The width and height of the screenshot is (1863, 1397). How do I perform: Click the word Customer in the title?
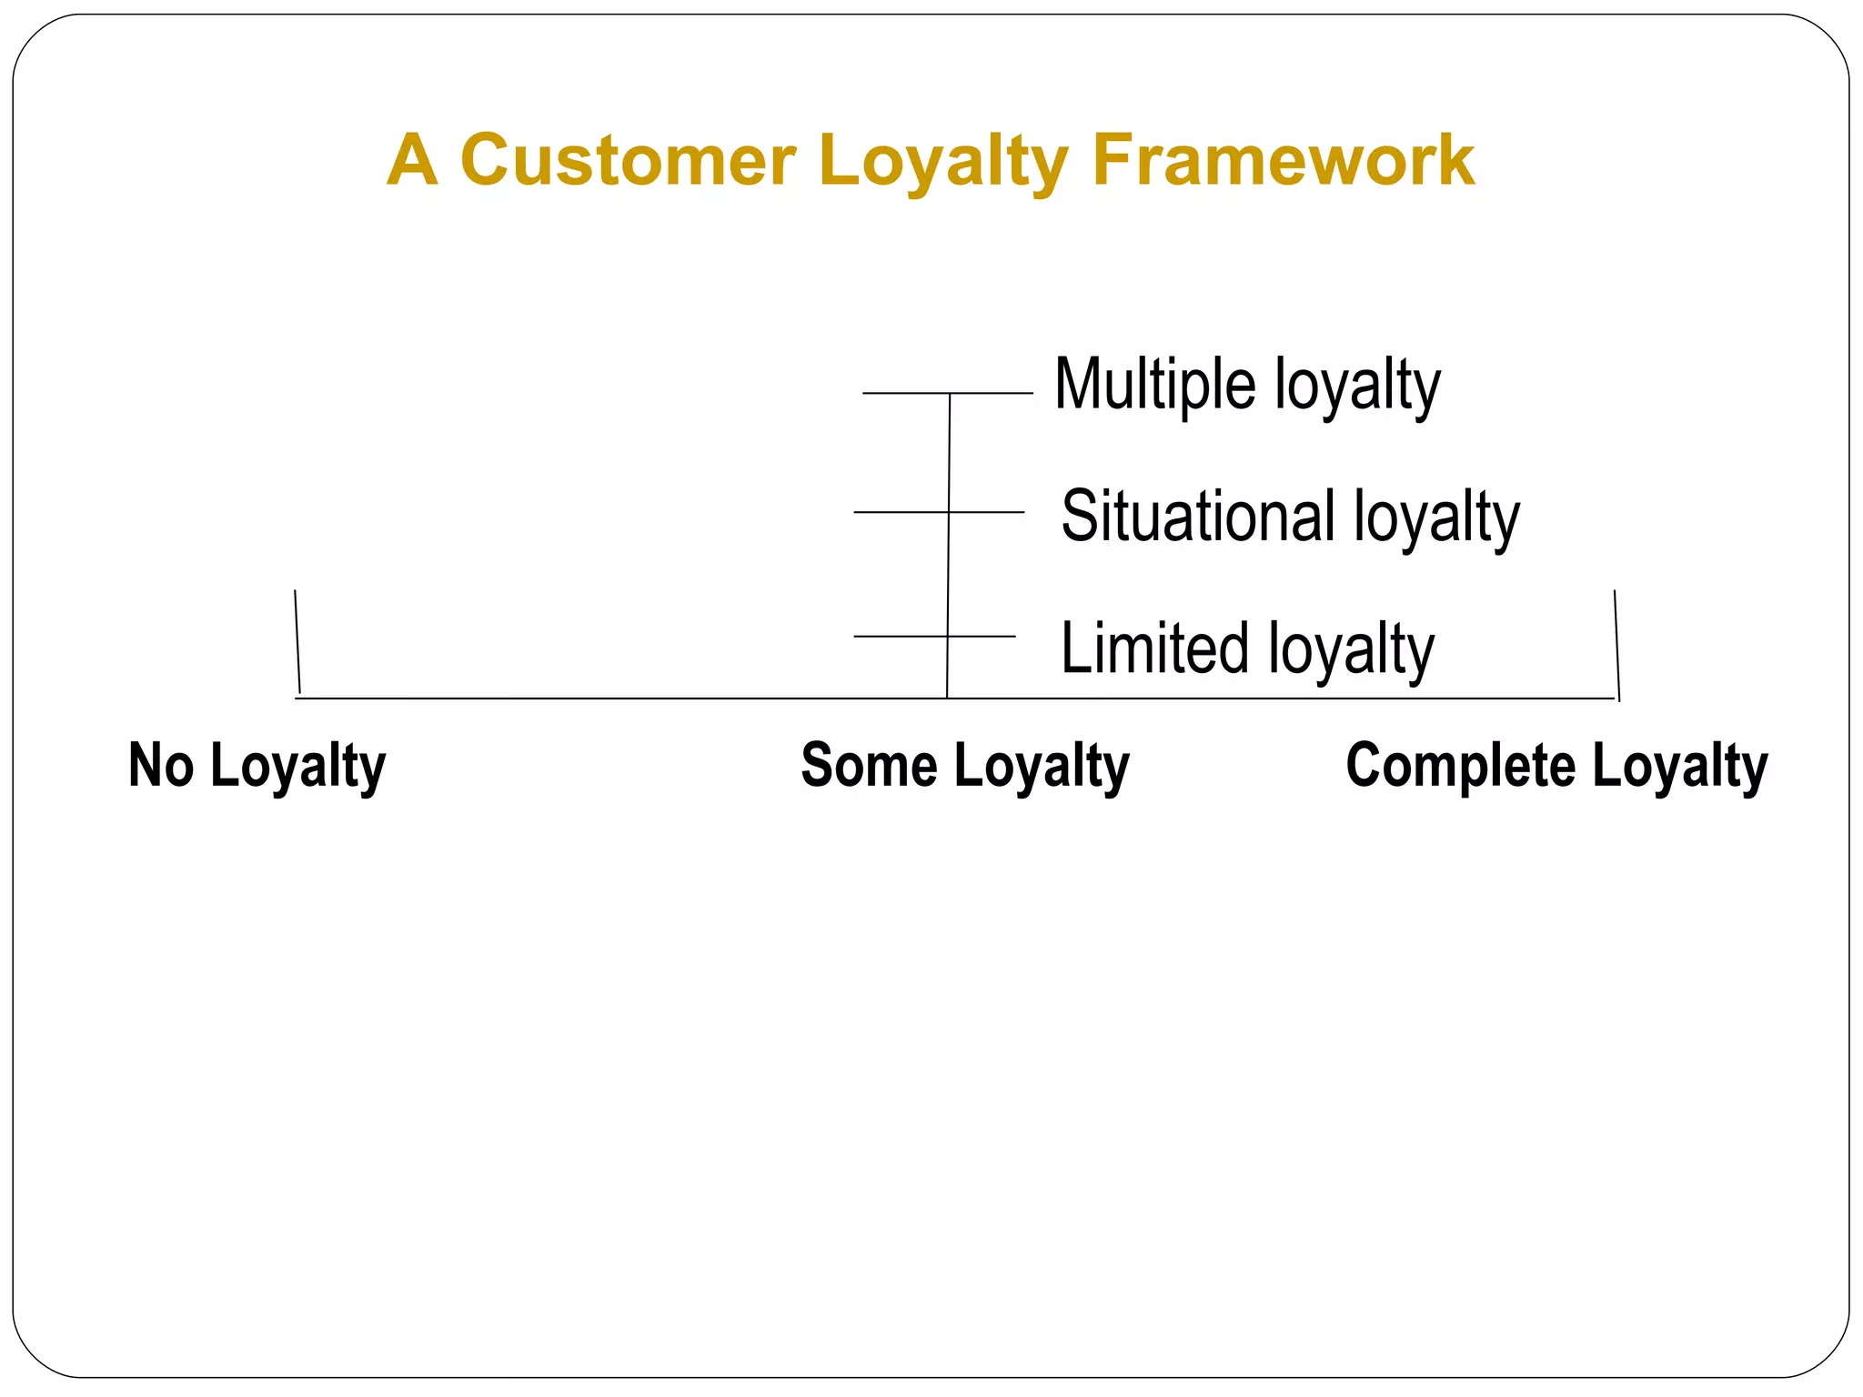(629, 160)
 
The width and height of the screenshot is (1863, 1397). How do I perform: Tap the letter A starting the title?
(412, 160)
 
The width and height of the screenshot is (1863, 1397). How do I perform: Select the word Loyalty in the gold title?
(943, 162)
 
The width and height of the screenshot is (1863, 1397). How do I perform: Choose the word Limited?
(1155, 648)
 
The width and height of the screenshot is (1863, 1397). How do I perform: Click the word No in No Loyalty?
(161, 765)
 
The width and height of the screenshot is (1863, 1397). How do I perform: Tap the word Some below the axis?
(869, 765)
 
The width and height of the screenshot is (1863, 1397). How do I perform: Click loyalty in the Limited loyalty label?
(1351, 649)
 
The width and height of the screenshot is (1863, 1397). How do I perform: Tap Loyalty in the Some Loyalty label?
(1042, 767)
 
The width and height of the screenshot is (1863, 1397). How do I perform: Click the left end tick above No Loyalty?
(297, 641)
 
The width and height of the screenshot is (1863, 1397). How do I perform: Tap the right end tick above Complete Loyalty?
(1616, 644)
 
